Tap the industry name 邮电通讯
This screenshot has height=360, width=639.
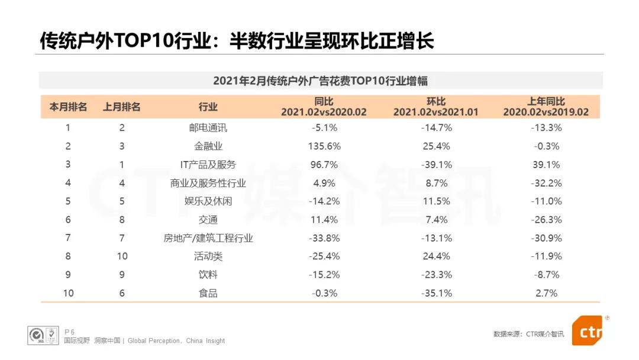tap(208, 128)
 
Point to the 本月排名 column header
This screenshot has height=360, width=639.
tap(68, 107)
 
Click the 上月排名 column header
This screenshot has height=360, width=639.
tap(122, 107)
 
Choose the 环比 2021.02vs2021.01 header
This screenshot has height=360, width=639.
tap(436, 107)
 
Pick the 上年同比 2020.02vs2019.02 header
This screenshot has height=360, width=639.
tap(546, 107)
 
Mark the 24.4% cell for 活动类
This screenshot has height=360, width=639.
tap(436, 256)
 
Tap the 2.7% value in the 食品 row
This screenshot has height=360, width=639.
tap(546, 293)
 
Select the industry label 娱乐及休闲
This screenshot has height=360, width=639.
tap(208, 201)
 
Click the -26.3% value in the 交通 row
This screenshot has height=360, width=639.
tap(546, 220)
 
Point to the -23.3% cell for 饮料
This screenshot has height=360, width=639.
tap(436, 275)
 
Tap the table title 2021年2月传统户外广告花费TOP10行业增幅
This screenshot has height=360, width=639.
tap(320, 81)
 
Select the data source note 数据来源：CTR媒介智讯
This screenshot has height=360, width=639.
tap(528, 334)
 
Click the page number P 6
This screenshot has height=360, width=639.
tap(70, 332)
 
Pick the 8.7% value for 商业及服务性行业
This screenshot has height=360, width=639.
tap(436, 183)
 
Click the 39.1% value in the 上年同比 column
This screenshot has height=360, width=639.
tap(546, 165)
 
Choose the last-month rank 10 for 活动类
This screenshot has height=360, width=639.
tap(122, 256)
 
